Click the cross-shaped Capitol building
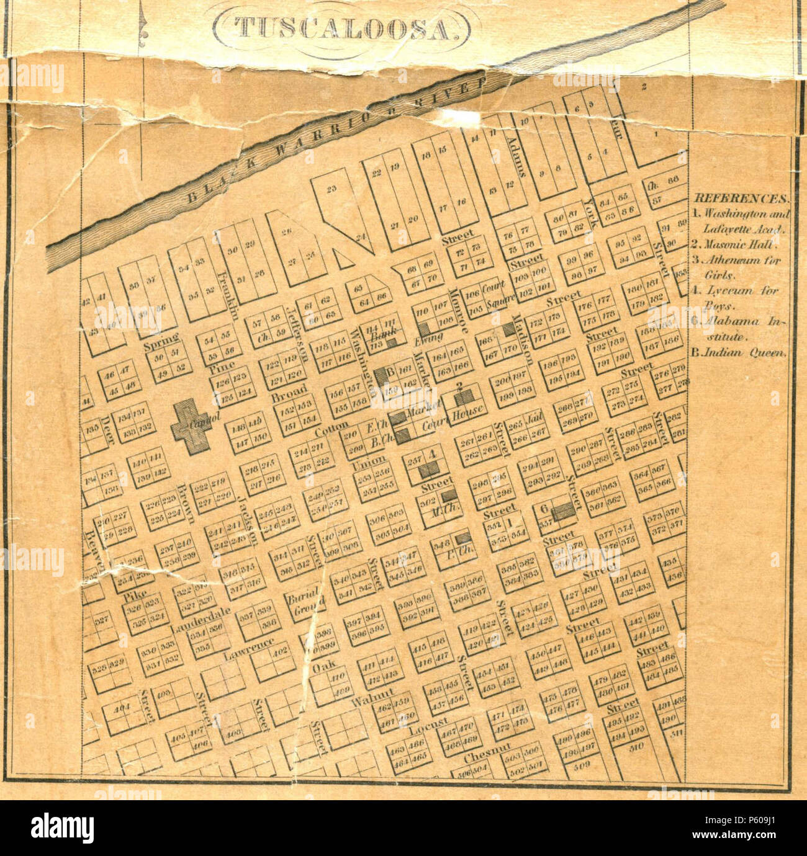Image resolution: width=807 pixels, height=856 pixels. coord(192,425)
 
